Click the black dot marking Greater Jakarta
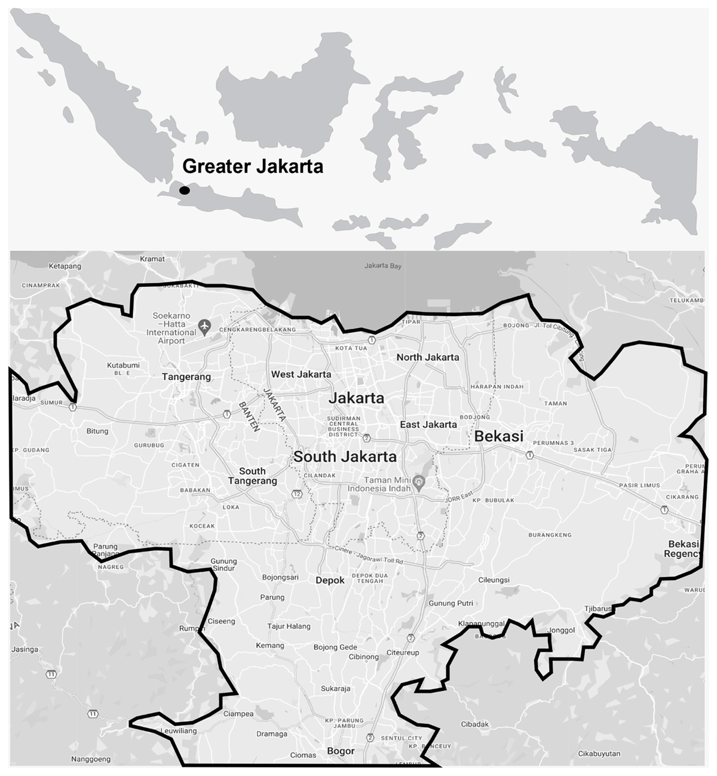coord(185,190)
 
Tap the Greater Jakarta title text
coord(252,166)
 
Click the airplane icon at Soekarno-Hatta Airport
coord(205,326)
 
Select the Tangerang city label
coord(186,377)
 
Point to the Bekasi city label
coord(498,436)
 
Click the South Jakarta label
coord(345,457)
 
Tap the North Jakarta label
coord(428,357)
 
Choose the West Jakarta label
coord(301,375)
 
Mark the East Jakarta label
coord(428,425)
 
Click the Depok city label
coord(330,580)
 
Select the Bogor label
coord(341,752)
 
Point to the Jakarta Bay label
coord(383,266)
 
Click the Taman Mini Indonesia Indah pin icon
coord(420,481)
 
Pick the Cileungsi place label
coord(494,579)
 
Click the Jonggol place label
coord(560,630)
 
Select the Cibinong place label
coord(363,657)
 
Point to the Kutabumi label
coord(123,365)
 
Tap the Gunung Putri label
coord(451,603)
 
